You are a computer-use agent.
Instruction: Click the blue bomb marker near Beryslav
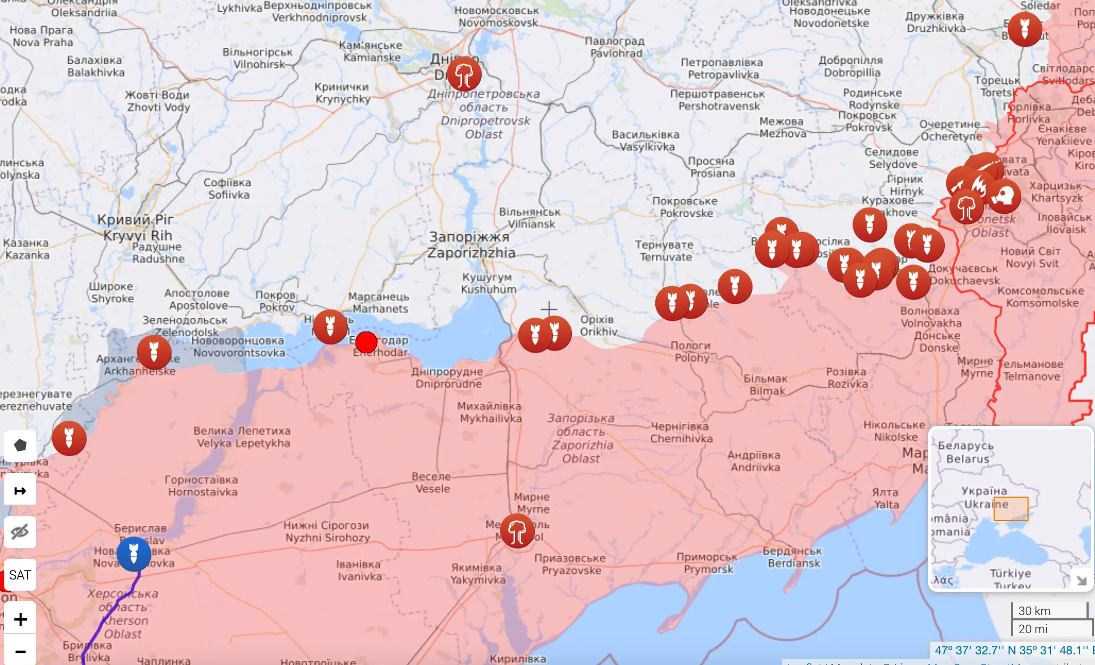(x=134, y=553)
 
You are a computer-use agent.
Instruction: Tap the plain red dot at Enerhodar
(x=366, y=343)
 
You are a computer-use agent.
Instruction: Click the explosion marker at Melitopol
(x=517, y=530)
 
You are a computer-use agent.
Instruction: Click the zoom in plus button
(x=20, y=619)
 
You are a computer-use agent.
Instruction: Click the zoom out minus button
(x=20, y=651)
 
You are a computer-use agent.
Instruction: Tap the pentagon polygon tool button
(x=20, y=445)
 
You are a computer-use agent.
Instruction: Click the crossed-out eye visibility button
(x=20, y=532)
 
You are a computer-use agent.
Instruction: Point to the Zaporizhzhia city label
(x=470, y=245)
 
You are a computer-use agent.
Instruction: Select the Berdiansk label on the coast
(x=793, y=557)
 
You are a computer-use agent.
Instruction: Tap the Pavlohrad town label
(x=615, y=47)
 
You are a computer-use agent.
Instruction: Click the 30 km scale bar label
(x=1034, y=611)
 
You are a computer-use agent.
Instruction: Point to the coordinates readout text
(x=1012, y=650)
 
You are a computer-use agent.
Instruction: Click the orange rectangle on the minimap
(x=1011, y=509)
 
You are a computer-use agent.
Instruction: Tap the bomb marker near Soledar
(x=1024, y=29)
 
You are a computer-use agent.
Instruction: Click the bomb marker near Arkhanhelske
(x=154, y=352)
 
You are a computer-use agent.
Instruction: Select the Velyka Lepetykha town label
(x=242, y=437)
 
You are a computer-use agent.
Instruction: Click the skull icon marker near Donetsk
(x=1003, y=196)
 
